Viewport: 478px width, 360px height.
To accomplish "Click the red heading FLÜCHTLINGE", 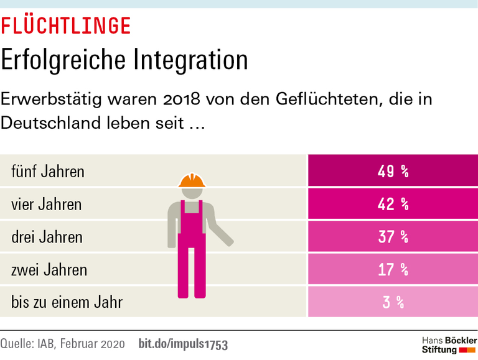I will [x=65, y=25].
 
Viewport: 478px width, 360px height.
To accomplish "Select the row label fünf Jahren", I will [x=48, y=171].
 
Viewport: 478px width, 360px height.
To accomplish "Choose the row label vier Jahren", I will [x=47, y=204].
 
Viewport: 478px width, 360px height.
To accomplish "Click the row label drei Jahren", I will [x=47, y=237].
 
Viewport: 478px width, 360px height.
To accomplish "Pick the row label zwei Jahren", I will [x=49, y=270].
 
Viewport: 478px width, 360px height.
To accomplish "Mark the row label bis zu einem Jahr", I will [x=67, y=303].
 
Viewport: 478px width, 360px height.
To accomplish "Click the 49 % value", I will [x=393, y=171].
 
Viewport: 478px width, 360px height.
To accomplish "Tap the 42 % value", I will [x=393, y=204].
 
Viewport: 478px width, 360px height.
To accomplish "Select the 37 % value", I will [x=393, y=237].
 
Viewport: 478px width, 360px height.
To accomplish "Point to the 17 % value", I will [x=393, y=270].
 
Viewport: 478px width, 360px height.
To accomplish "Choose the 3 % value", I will [x=393, y=303].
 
